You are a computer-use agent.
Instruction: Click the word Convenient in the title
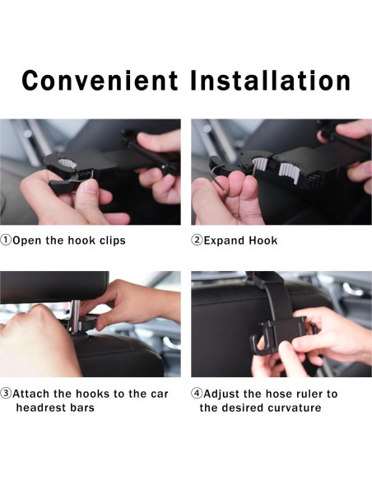coord(100,81)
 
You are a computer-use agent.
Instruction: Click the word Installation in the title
coord(271,81)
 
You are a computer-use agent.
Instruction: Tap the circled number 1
coord(6,240)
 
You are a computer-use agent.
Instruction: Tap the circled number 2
coord(197,240)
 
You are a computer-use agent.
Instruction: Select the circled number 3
coord(6,393)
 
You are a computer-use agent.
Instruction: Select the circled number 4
coord(197,393)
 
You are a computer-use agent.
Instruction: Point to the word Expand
coord(225,240)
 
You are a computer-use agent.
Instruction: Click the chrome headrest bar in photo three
coord(75,317)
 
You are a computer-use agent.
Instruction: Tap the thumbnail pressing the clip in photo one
coord(91,186)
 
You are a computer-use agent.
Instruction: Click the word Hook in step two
coord(263,240)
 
